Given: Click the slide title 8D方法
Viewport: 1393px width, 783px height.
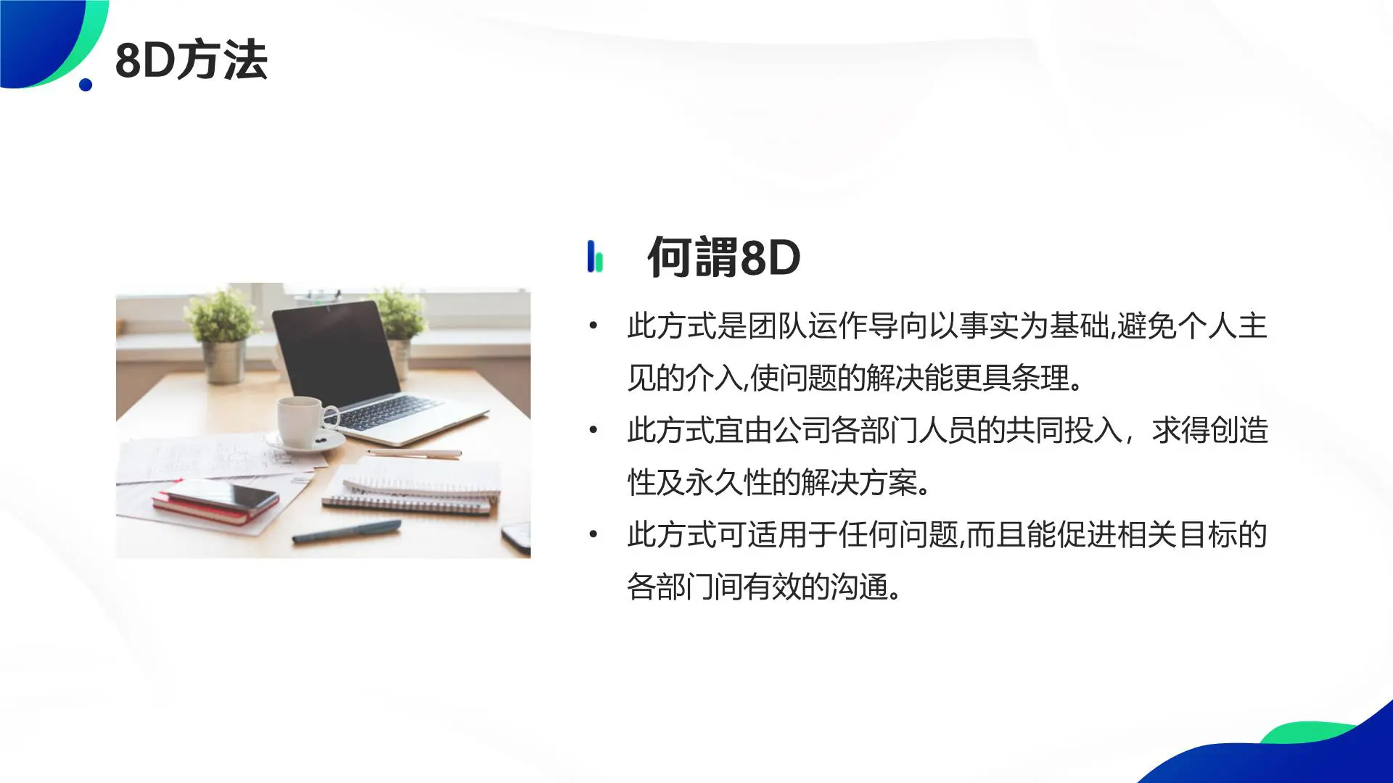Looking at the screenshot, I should [192, 60].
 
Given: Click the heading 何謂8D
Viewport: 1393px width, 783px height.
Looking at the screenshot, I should [723, 257].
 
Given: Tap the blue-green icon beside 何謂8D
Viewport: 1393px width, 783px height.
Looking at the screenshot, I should [595, 257].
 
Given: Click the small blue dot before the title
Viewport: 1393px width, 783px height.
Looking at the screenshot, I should [86, 85].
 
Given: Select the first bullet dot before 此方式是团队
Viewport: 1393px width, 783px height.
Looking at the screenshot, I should [593, 326].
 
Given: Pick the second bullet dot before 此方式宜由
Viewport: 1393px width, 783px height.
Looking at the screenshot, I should [593, 430].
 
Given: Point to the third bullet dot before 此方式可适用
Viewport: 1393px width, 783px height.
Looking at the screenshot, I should [593, 534].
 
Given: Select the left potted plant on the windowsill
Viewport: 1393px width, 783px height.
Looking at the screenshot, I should [222, 333].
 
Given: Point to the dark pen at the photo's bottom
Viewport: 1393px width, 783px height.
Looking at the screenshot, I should [346, 531].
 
